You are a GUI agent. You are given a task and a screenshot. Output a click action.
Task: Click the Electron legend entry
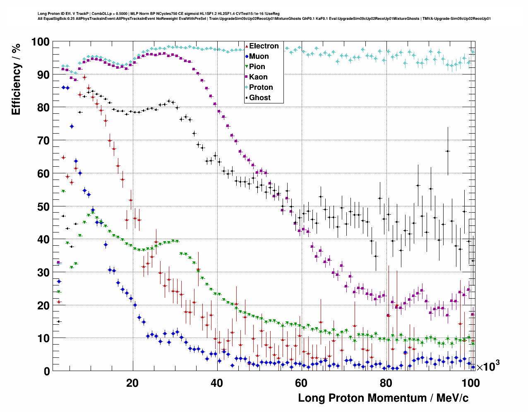[264, 46]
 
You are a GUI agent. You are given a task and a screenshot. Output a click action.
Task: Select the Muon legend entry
[259, 56]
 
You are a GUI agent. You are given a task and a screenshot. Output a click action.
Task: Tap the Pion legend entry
[257, 67]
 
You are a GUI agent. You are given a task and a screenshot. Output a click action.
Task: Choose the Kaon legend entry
[258, 77]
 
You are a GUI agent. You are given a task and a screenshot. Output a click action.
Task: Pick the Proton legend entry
[261, 87]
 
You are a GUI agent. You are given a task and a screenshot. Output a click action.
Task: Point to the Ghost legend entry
[259, 98]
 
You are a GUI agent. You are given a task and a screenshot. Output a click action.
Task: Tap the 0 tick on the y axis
[47, 371]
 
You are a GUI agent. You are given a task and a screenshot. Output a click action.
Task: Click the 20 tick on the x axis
[132, 383]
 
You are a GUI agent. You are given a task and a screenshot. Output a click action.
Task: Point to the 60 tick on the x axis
[301, 383]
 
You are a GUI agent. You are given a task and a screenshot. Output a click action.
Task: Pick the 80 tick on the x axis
[386, 383]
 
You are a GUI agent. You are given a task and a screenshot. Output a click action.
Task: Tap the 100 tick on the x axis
[470, 383]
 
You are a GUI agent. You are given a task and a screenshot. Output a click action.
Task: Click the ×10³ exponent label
[488, 366]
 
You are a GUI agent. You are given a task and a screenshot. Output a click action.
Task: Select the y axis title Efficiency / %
[16, 79]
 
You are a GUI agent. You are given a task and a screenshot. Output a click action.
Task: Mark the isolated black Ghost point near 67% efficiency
[447, 151]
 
